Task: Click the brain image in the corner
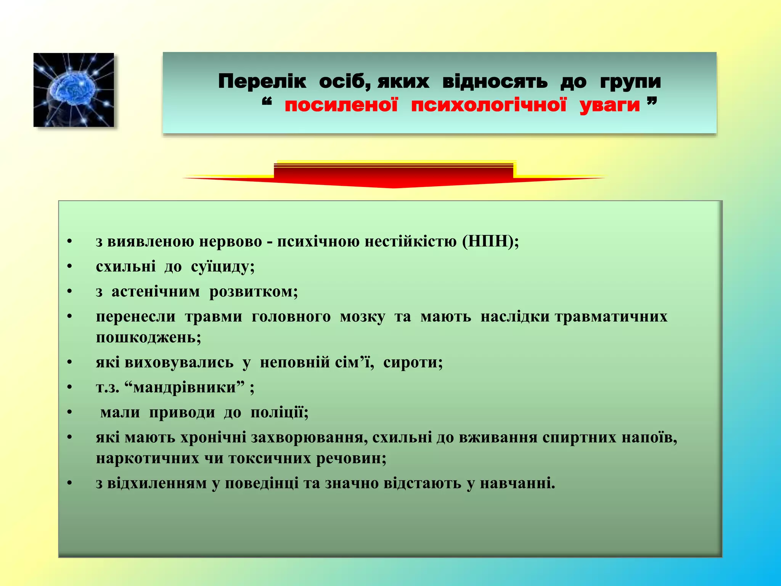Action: pos(74,90)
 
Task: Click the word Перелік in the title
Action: pos(262,82)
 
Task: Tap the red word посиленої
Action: pos(341,105)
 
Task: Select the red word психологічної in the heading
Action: pos(489,105)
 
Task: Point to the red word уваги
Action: pos(609,106)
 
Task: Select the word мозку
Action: pos(362,317)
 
